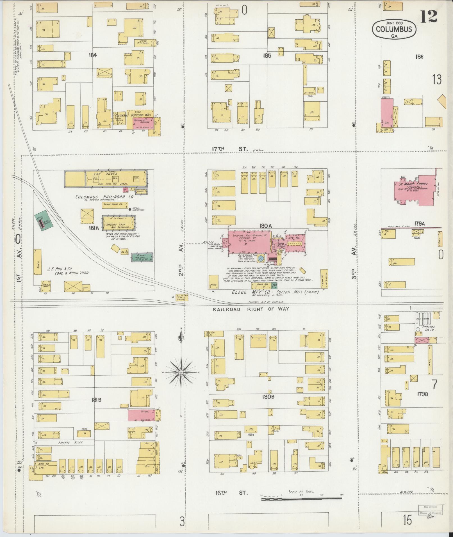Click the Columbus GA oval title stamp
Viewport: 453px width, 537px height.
pos(394,29)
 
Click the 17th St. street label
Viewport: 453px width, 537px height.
pos(230,149)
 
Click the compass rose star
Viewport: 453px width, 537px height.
pos(181,372)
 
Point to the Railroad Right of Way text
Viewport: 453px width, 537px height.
pos(251,309)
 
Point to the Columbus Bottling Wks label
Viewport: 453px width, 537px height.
pos(133,115)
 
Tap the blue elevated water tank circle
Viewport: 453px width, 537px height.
pos(261,258)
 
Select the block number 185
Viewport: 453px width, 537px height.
pos(267,56)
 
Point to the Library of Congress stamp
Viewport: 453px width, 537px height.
pos(430,513)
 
